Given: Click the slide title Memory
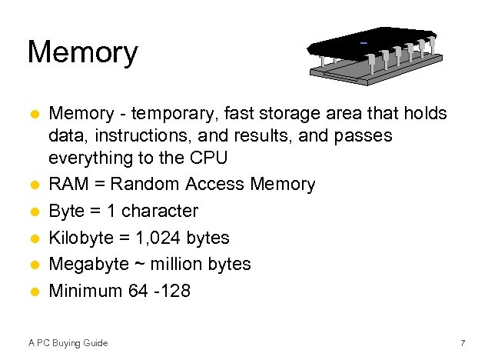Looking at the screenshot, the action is pos(82,52).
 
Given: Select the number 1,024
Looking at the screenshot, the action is pos(158,238).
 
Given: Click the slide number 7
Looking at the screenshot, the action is pos(463,342).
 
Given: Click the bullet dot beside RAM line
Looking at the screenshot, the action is pos(33,185).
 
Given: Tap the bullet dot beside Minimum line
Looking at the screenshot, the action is pos(33,292).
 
